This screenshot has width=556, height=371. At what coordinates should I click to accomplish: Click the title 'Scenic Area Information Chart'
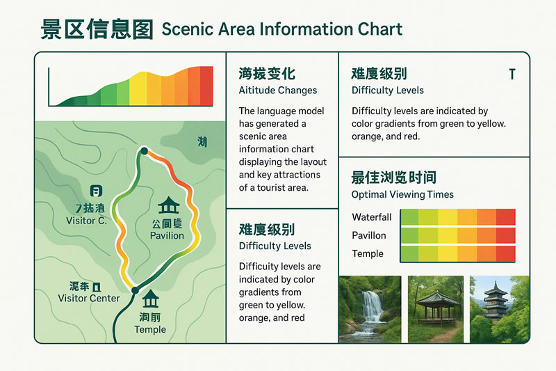[281, 29]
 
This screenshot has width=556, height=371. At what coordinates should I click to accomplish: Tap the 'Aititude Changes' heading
[277, 90]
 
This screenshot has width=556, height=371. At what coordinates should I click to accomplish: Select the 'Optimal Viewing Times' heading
[402, 195]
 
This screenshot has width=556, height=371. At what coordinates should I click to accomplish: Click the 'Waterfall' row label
[371, 217]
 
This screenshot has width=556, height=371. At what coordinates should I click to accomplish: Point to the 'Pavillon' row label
[368, 235]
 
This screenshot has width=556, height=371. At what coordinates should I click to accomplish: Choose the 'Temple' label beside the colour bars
[367, 253]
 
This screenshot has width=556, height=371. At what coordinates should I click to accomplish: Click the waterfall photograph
[370, 309]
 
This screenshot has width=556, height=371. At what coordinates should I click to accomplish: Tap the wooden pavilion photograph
[435, 309]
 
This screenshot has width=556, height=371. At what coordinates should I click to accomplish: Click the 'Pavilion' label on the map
[167, 235]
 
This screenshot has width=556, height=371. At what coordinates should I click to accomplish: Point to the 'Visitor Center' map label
[89, 299]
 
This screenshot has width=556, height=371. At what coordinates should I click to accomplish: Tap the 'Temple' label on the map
[150, 329]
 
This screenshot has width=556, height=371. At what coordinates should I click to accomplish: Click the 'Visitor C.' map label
[86, 221]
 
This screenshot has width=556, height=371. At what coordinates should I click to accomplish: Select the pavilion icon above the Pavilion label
[167, 206]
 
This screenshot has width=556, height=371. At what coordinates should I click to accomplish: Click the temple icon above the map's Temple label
[150, 299]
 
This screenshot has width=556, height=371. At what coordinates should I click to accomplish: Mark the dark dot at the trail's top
[144, 150]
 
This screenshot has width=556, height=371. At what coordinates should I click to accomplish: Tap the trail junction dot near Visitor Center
[135, 290]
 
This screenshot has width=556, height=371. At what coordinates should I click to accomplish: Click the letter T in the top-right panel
[512, 74]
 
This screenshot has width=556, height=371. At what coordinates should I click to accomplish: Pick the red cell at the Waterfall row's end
[506, 217]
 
